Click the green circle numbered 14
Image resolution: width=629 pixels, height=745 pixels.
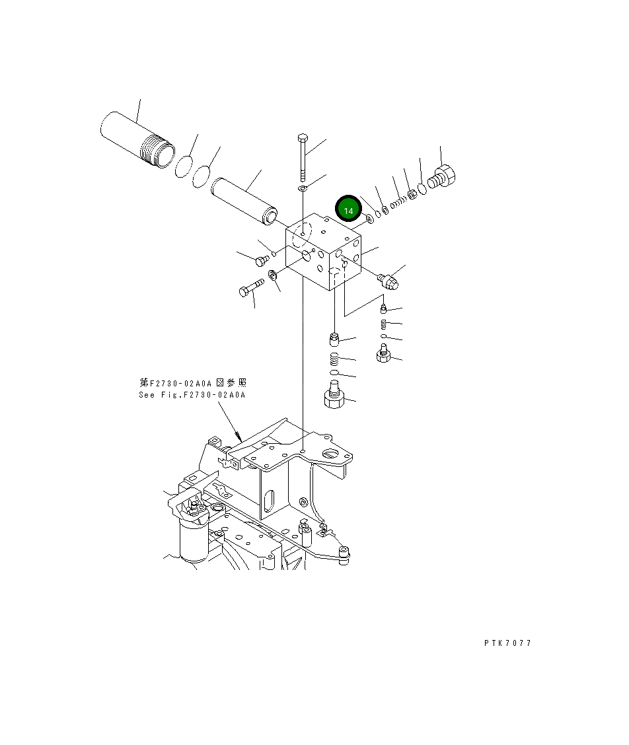(x=348, y=209)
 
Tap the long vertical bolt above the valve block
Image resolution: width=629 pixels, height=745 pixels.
(x=303, y=157)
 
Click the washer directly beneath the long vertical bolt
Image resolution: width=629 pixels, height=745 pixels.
(x=303, y=190)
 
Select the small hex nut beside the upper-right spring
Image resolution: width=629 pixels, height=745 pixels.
(x=410, y=194)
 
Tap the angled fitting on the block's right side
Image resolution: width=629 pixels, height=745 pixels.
(x=388, y=281)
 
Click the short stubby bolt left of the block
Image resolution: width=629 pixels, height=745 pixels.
(x=261, y=260)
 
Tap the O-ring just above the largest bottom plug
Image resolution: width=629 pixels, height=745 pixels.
(x=335, y=374)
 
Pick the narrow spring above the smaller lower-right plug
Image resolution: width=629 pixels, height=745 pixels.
(x=383, y=323)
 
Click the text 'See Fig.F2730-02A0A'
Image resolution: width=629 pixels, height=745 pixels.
(x=192, y=395)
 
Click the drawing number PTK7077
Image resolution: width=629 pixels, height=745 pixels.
(x=507, y=643)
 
